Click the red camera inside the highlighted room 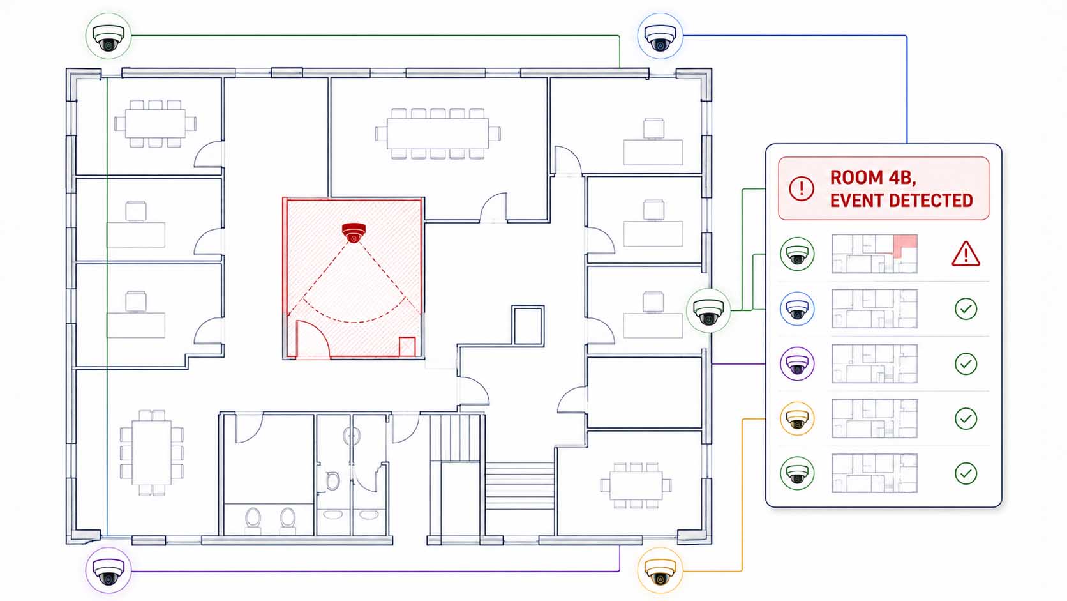point(354,232)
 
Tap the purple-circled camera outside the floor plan point(108,570)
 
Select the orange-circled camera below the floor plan point(660,570)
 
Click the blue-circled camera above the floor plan point(660,36)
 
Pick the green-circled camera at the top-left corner point(108,36)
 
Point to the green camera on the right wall point(708,310)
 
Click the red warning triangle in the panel point(966,254)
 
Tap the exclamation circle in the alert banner point(801,188)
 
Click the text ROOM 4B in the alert point(872,178)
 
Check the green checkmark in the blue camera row point(966,309)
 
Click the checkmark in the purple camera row point(966,363)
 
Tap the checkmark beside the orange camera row point(966,418)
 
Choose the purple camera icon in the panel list point(797,363)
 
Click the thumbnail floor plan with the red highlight point(874,254)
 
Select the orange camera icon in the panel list point(797,418)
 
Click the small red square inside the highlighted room point(407,347)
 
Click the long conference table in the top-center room point(438,133)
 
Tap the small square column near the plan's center point(528,325)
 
